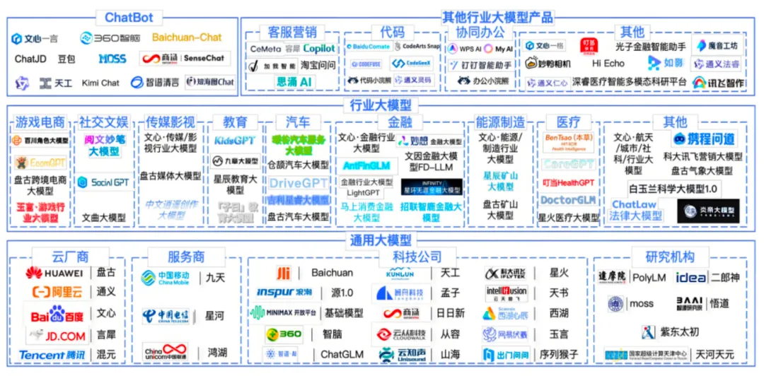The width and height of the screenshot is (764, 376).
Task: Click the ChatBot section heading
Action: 129,18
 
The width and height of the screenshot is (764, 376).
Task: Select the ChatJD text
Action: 30,59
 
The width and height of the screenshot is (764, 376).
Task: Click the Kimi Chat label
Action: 100,83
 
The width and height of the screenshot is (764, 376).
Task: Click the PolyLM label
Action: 648,278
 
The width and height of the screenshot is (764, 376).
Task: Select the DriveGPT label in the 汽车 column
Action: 299,183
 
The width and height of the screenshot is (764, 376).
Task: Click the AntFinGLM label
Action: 366,165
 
